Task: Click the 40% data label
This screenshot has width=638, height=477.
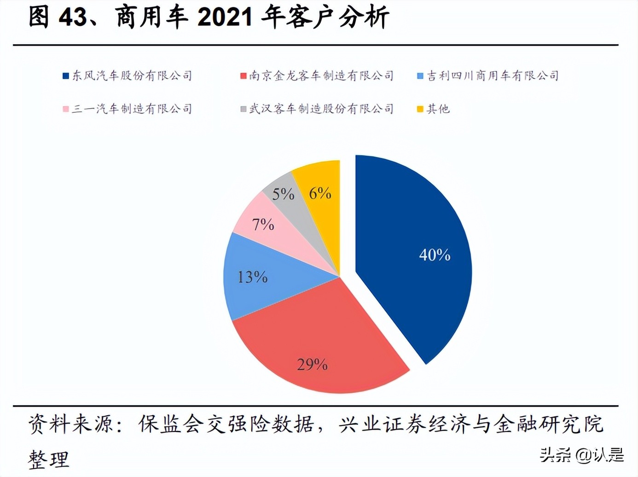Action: coord(435,255)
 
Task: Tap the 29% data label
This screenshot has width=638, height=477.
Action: coord(312,365)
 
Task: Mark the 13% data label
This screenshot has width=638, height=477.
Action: coord(252,277)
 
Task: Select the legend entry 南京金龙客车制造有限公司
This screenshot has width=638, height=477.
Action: coord(321,76)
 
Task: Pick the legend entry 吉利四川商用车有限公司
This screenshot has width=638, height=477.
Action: coord(493,76)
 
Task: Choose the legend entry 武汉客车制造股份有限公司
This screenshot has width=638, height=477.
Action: coord(321,109)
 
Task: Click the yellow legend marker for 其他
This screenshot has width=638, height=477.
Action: coord(420,109)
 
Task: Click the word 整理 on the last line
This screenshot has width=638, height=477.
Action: coord(48,460)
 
